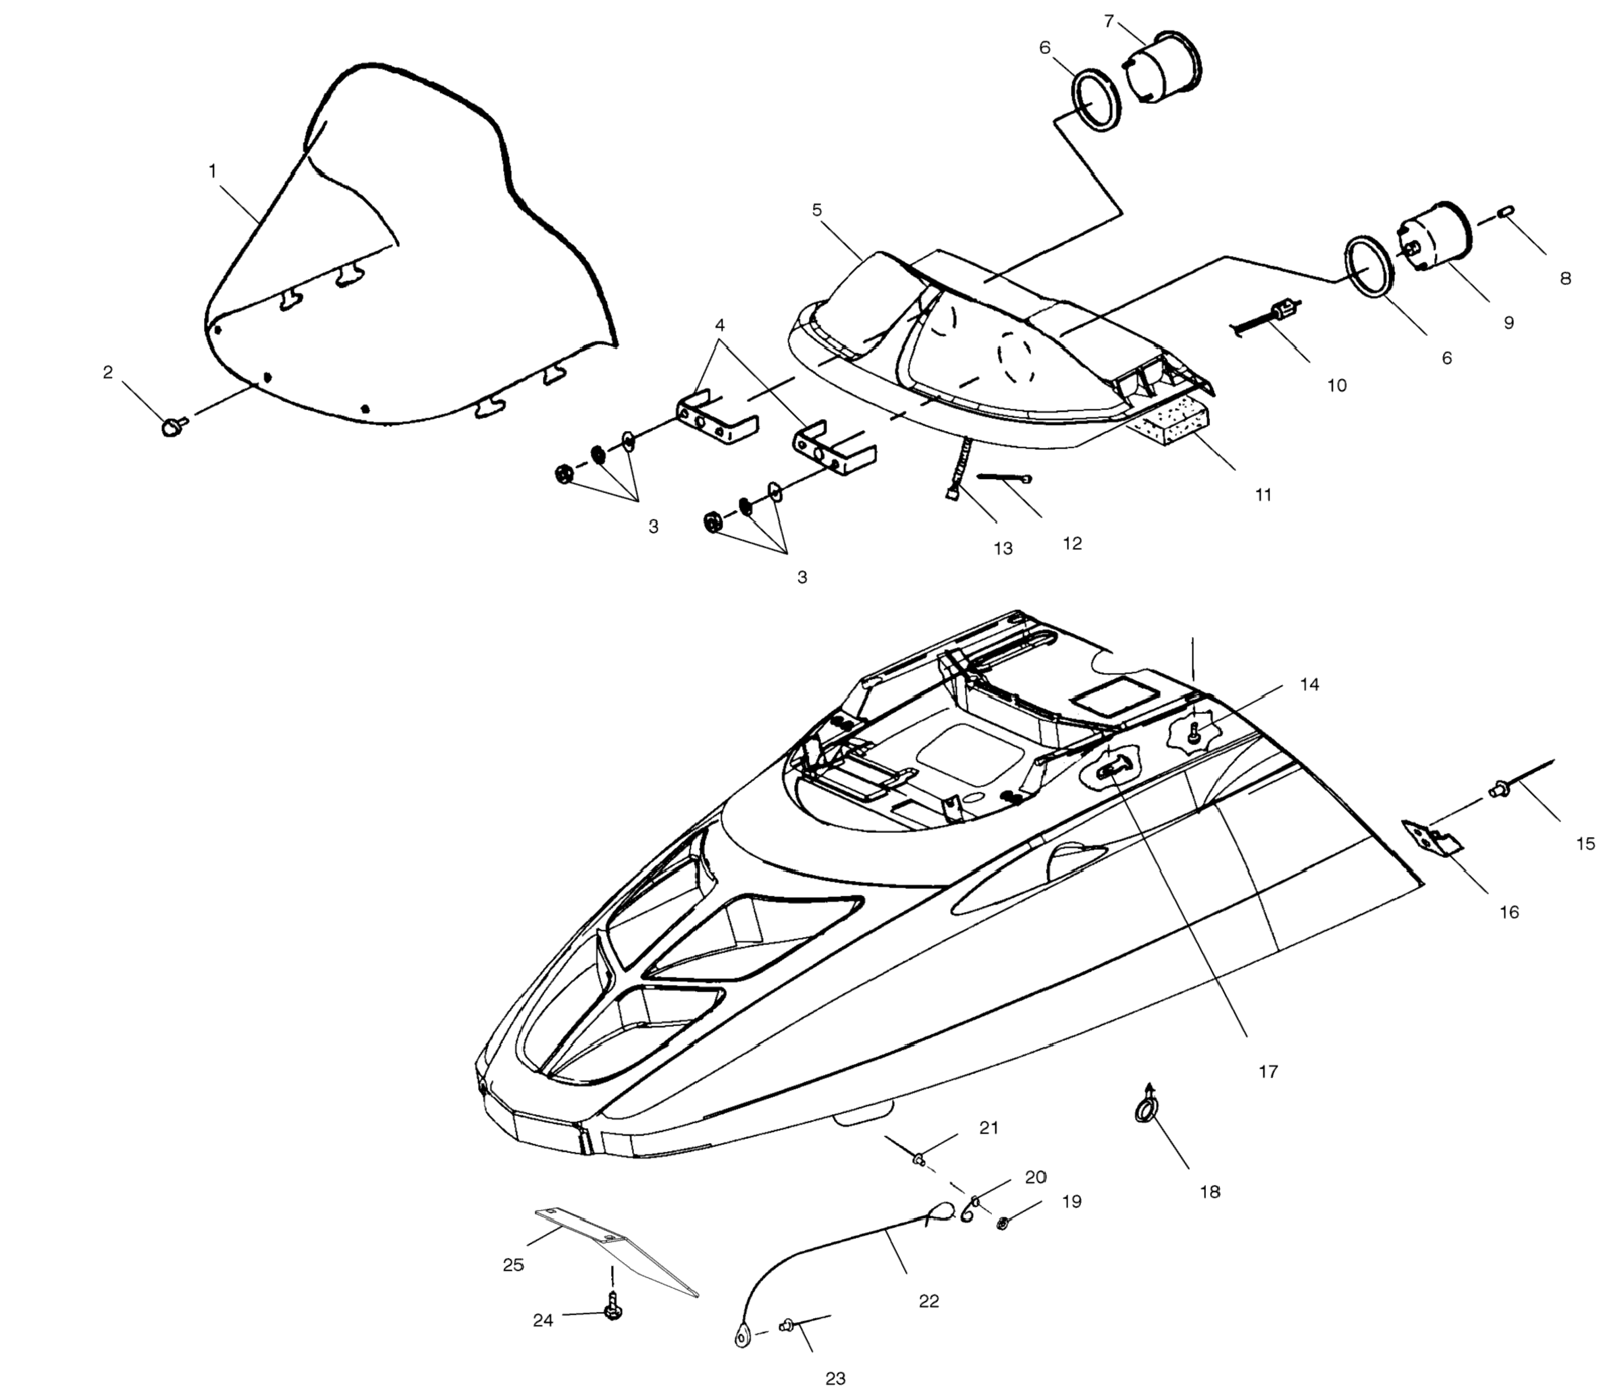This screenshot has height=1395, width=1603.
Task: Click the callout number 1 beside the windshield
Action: pos(213,172)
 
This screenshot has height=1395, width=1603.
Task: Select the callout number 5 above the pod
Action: pos(816,210)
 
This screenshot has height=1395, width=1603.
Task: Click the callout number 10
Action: pos(1336,385)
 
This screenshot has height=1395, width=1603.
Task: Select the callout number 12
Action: pos(1072,543)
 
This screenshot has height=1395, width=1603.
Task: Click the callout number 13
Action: pos(1003,549)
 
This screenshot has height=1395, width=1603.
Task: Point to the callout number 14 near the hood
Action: pos(1310,684)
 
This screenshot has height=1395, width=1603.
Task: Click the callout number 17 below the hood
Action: pos(1268,1072)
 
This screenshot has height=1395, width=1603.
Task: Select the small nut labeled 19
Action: pos(1003,1223)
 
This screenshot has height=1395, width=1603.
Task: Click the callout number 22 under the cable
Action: pos(929,1301)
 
